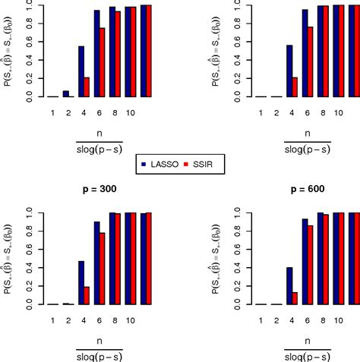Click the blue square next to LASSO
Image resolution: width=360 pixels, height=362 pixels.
[144, 162]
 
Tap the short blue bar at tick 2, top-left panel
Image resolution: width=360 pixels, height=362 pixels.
[66, 93]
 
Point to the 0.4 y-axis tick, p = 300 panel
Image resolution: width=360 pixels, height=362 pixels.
[30, 267]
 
